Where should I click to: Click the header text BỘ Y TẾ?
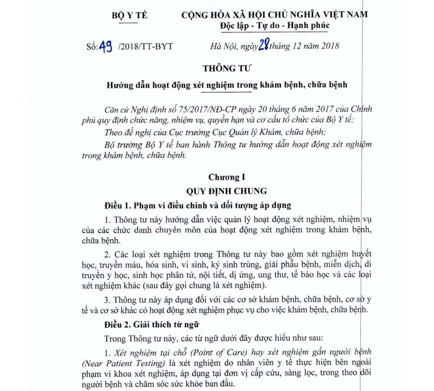tap(129, 15)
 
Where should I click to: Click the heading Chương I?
tap(227, 177)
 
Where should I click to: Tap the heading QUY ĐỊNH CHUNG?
tap(227, 190)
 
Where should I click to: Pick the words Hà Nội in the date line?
tap(223, 47)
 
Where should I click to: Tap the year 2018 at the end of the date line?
tap(329, 47)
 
